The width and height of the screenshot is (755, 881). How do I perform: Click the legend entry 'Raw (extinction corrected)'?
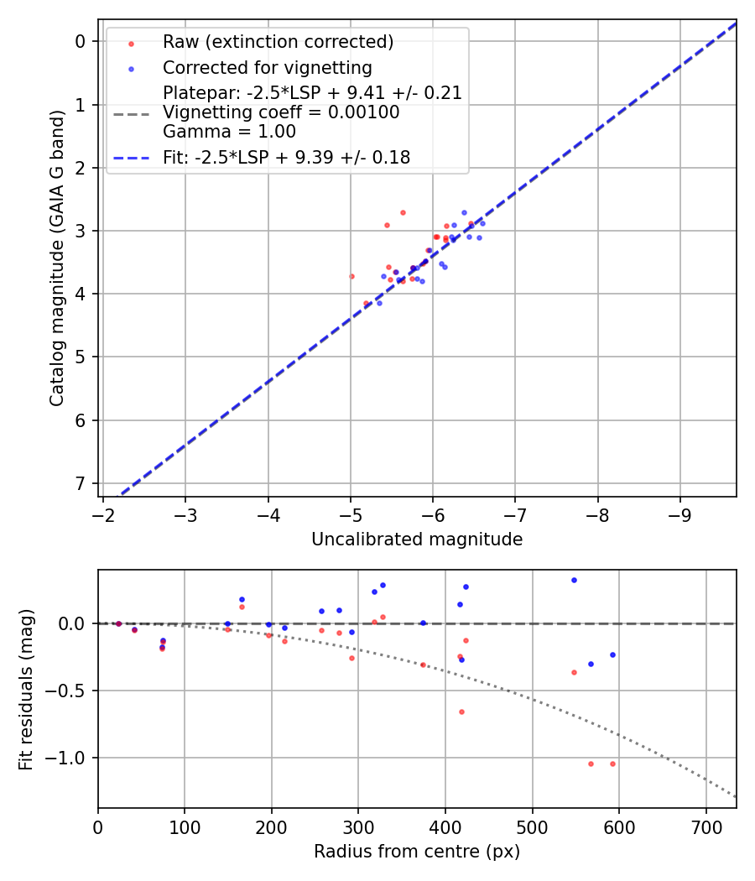click(278, 42)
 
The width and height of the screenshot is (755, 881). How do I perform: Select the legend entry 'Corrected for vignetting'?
click(267, 68)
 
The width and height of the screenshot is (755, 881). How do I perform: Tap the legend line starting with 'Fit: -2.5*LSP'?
click(286, 157)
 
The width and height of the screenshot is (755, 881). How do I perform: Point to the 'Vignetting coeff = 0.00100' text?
click(281, 112)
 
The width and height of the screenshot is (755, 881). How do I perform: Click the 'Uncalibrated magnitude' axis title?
click(417, 540)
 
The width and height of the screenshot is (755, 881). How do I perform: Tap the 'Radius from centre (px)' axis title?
click(417, 852)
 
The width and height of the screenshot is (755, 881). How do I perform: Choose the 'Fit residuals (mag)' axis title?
click(27, 689)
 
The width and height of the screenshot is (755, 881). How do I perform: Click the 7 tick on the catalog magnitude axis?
click(81, 483)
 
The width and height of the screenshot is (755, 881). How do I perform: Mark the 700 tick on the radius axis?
click(706, 826)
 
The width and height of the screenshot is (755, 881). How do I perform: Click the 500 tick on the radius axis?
click(532, 826)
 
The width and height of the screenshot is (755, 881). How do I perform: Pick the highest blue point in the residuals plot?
click(574, 580)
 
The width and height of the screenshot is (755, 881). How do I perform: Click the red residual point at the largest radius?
click(612, 764)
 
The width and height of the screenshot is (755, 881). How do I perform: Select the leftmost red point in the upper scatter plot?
click(351, 276)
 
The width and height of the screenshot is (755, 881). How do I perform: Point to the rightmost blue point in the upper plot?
click(482, 223)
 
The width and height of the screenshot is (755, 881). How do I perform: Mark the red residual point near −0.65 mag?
click(461, 712)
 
